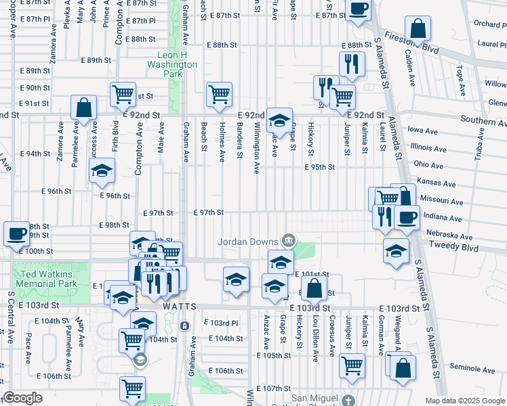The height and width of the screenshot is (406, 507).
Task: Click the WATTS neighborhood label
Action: [x=180, y=307]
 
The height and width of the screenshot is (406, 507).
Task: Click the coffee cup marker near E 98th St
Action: [x=16, y=234]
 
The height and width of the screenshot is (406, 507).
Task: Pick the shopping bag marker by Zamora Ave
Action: [x=83, y=108]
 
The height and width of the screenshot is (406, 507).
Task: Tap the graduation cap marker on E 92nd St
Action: [x=279, y=121]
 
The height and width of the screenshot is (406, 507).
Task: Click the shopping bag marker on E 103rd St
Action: [x=315, y=289]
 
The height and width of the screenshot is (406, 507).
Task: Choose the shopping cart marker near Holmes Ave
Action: [x=219, y=95]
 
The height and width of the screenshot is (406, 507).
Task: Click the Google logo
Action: [x=22, y=398]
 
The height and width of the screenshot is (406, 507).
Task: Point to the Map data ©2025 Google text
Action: [x=464, y=401]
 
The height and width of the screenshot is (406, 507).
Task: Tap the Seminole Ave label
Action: [x=472, y=369]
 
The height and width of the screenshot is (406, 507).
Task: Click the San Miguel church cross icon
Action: [x=348, y=399]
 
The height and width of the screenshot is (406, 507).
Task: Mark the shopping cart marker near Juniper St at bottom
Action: [x=352, y=366]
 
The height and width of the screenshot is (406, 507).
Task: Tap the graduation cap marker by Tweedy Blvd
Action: [x=397, y=251]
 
